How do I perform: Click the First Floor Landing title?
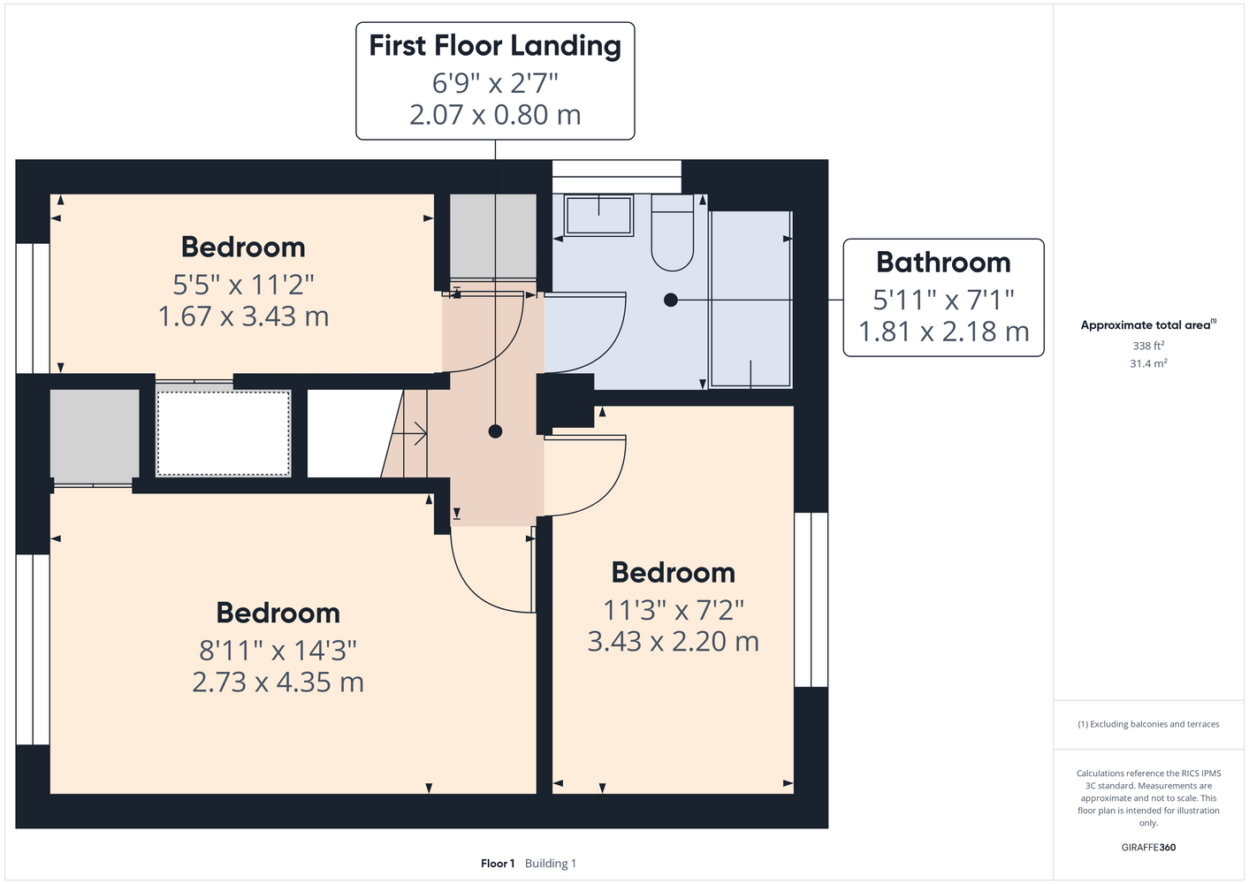click(x=495, y=46)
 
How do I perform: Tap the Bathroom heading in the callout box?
click(x=943, y=263)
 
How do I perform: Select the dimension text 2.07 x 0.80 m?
click(x=495, y=115)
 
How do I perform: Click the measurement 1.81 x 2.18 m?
click(x=943, y=331)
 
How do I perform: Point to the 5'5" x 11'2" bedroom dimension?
click(x=243, y=285)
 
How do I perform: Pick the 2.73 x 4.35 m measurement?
click(x=278, y=682)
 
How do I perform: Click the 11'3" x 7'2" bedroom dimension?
click(x=674, y=610)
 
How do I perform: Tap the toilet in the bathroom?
click(x=673, y=232)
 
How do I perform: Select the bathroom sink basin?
click(x=598, y=216)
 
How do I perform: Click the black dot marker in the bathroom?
click(x=671, y=300)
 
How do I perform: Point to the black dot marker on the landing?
click(x=495, y=431)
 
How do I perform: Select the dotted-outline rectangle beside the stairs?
click(x=223, y=433)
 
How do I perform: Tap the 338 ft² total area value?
click(x=1148, y=346)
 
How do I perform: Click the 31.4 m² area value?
click(x=1148, y=363)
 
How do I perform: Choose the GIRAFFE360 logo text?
click(x=1148, y=847)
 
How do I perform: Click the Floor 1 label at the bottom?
click(x=498, y=864)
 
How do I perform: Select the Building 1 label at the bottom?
click(x=551, y=864)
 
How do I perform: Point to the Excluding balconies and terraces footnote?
click(x=1148, y=724)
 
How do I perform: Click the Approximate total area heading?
click(x=1148, y=324)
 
